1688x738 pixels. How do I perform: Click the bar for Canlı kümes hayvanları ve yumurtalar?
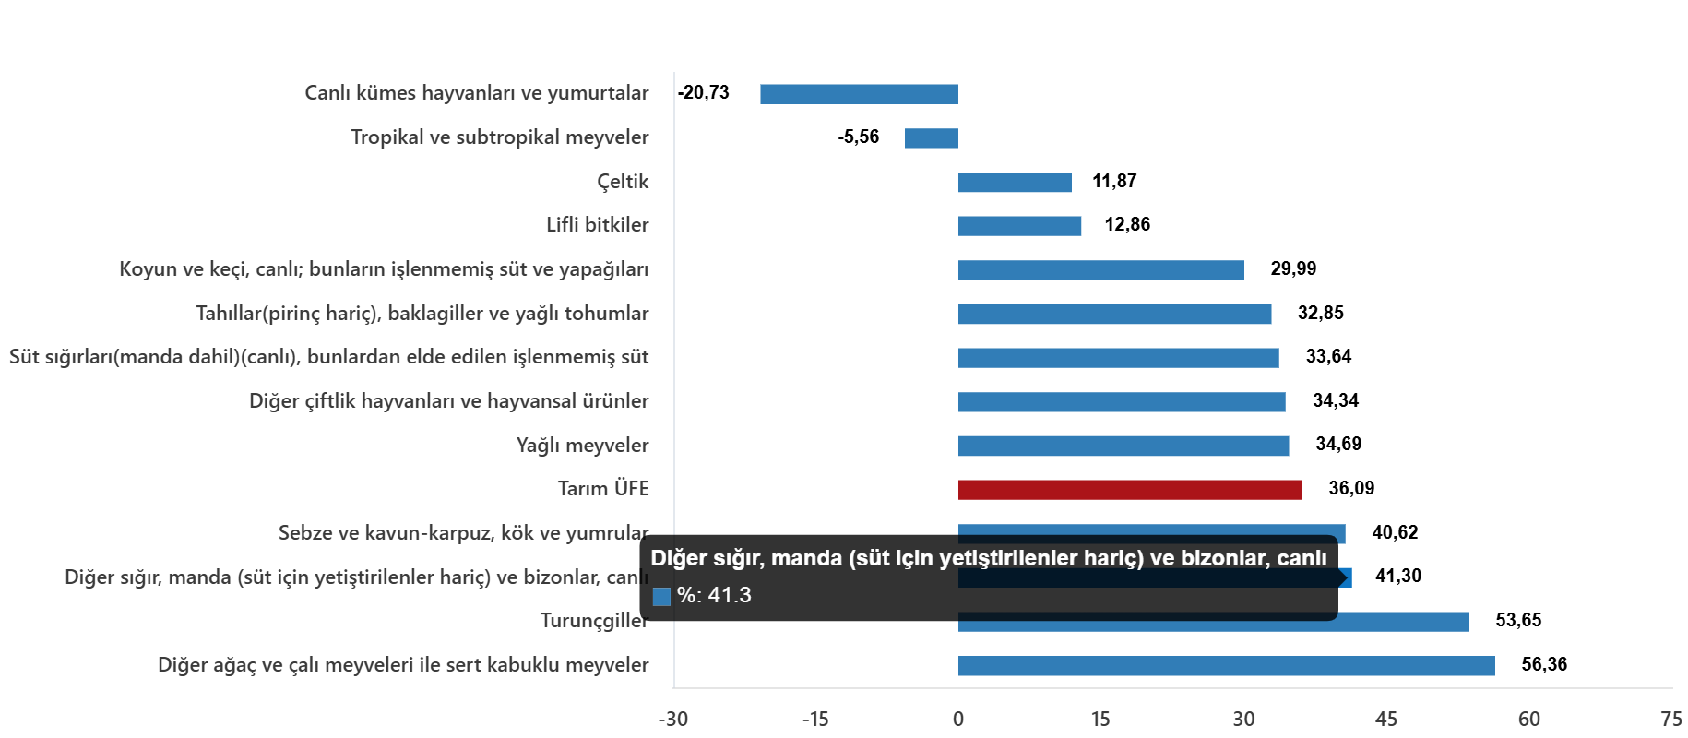pos(858,94)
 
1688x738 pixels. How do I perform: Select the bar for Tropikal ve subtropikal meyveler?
pos(931,138)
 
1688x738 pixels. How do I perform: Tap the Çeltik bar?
pos(1015,183)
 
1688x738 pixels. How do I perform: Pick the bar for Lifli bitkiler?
pos(1019,226)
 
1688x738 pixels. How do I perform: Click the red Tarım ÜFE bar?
pos(1129,490)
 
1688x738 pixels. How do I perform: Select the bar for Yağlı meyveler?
pos(1123,446)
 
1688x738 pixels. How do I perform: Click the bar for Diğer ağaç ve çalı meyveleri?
pos(1226,666)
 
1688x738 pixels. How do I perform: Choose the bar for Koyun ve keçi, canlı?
pos(1100,270)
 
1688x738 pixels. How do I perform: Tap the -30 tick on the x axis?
pos(672,720)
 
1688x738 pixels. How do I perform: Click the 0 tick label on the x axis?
pos(957,720)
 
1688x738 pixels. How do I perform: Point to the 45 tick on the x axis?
pos(1385,720)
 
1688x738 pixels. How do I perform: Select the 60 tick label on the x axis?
pos(1528,720)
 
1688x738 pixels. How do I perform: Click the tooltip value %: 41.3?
pos(714,596)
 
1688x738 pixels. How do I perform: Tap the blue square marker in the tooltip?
pos(661,597)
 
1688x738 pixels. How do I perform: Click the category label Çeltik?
pos(623,182)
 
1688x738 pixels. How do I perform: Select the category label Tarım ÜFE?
pos(603,489)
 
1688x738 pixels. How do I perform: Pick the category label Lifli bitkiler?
pos(597,225)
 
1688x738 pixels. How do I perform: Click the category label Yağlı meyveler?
pos(582,446)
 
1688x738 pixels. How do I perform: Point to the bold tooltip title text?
pos(988,558)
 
